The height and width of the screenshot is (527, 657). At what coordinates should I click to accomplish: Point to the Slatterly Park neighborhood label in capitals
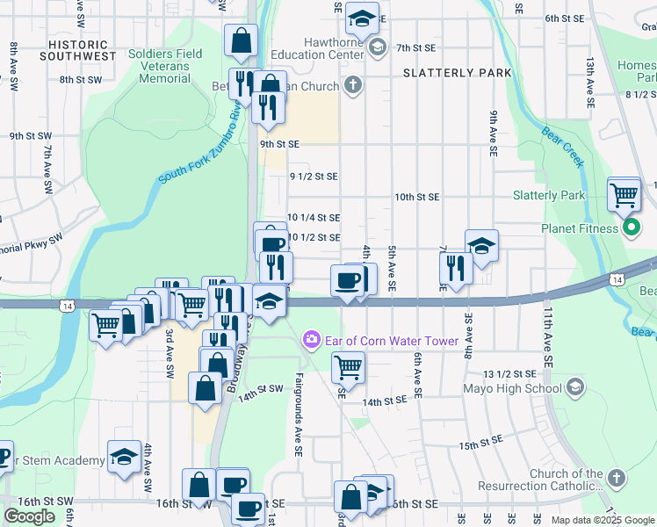457,73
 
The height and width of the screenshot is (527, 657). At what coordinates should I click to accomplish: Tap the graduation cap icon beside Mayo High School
574,386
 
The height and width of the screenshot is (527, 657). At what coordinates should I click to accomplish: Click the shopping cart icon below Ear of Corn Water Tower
349,367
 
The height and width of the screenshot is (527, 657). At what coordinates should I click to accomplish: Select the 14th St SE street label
385,401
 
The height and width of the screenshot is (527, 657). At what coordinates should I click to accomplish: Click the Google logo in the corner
29,516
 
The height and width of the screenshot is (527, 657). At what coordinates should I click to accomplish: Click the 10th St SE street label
416,197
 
